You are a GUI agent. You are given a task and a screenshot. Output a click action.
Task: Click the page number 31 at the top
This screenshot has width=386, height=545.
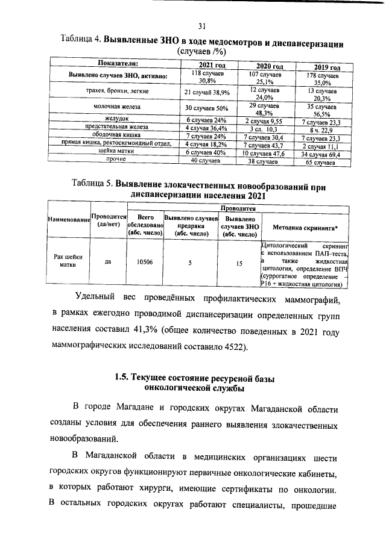[x=202, y=25]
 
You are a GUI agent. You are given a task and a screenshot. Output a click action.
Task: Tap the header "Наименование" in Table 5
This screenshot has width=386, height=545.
[x=68, y=222]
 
